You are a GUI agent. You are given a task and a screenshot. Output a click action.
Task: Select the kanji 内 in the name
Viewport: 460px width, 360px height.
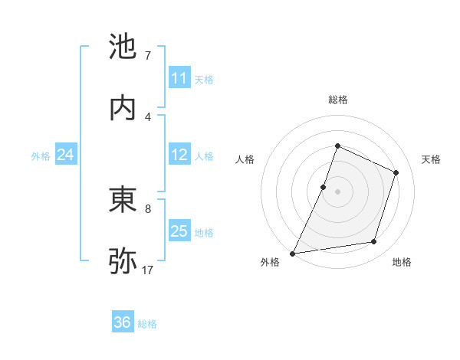pyautogui.click(x=123, y=107)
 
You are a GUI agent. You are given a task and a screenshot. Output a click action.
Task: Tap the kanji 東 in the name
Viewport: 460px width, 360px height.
pyautogui.click(x=123, y=200)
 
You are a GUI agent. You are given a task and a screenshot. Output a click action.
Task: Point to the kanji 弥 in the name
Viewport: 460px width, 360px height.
pyautogui.click(x=123, y=260)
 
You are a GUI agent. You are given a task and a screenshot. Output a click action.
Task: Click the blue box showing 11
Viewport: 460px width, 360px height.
pyautogui.click(x=179, y=78)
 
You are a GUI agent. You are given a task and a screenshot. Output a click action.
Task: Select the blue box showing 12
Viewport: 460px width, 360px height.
pyautogui.click(x=179, y=155)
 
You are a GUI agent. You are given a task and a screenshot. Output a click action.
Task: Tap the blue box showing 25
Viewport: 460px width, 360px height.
pyautogui.click(x=179, y=231)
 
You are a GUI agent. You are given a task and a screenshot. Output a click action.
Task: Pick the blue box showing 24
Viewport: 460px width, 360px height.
pyautogui.click(x=65, y=155)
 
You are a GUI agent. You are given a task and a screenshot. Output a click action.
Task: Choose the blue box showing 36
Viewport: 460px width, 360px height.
pyautogui.click(x=123, y=322)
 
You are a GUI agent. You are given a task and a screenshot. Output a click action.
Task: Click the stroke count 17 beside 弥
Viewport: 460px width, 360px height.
pyautogui.click(x=149, y=270)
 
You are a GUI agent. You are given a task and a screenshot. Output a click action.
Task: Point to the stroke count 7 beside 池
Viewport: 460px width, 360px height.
pyautogui.click(x=148, y=56)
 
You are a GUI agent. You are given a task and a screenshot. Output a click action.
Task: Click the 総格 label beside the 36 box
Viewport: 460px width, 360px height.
pyautogui.click(x=148, y=324)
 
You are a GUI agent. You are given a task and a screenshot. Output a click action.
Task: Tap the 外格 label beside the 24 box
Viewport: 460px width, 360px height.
pyautogui.click(x=41, y=156)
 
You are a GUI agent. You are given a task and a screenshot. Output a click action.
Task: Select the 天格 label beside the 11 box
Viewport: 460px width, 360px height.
pyautogui.click(x=204, y=80)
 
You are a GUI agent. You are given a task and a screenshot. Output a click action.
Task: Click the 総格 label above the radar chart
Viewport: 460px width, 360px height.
pyautogui.click(x=337, y=100)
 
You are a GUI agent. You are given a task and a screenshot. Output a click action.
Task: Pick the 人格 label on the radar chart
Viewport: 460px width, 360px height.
pyautogui.click(x=245, y=159)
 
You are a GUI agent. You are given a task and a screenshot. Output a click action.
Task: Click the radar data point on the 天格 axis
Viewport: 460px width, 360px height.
pyautogui.click(x=396, y=172)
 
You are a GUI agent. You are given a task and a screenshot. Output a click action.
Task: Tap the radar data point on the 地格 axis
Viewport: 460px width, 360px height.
pyautogui.click(x=374, y=242)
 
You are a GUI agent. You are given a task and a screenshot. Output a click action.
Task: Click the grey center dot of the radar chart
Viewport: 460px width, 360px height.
pyautogui.click(x=337, y=191)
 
